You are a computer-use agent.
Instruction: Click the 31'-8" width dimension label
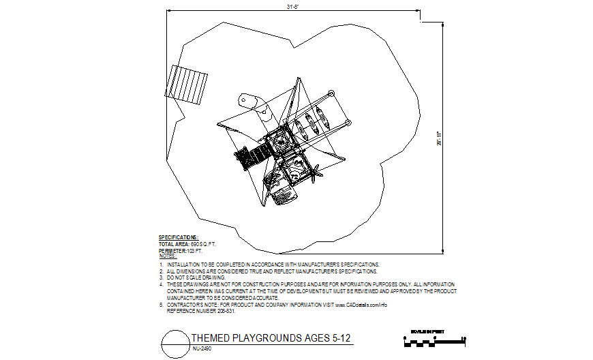(293, 7)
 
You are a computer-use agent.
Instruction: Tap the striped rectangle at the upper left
(189, 84)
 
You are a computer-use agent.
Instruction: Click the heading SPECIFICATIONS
(179, 238)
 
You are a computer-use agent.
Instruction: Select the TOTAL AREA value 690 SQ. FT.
(203, 243)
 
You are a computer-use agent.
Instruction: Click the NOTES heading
(168, 256)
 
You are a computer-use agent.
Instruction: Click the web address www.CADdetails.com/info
(361, 304)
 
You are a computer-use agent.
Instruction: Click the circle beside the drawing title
(174, 343)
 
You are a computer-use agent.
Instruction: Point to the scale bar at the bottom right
(433, 340)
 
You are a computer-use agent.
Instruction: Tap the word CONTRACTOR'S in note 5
(189, 304)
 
